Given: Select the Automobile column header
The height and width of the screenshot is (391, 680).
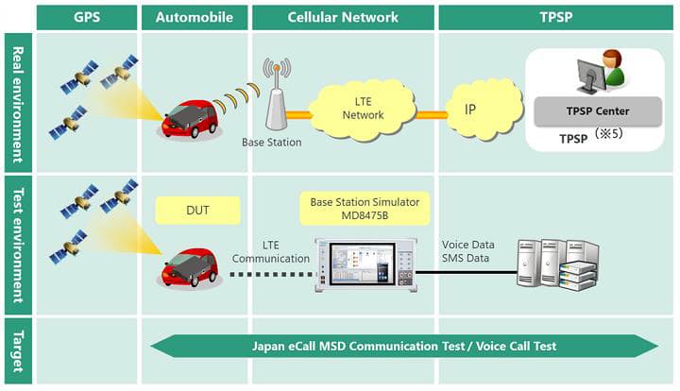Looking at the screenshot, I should point(194,17).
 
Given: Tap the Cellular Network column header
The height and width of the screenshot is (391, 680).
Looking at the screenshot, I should point(344,17).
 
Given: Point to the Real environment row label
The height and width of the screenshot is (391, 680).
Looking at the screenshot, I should point(16,100).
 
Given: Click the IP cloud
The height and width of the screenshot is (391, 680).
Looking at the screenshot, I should point(477,109).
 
